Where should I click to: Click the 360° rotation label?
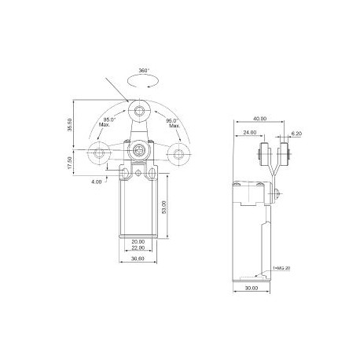coord(141,70)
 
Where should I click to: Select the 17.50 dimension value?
coord(70,163)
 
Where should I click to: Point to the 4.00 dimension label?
coord(96,183)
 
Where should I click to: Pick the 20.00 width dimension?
coord(138,242)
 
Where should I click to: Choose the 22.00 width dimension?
coord(138,249)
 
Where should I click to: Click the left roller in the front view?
coord(99,153)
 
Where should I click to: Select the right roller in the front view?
coord(181,153)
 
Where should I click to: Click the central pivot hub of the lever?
coord(140,149)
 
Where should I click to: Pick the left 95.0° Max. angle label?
coord(108,123)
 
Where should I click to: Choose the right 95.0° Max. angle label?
coord(173,123)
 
